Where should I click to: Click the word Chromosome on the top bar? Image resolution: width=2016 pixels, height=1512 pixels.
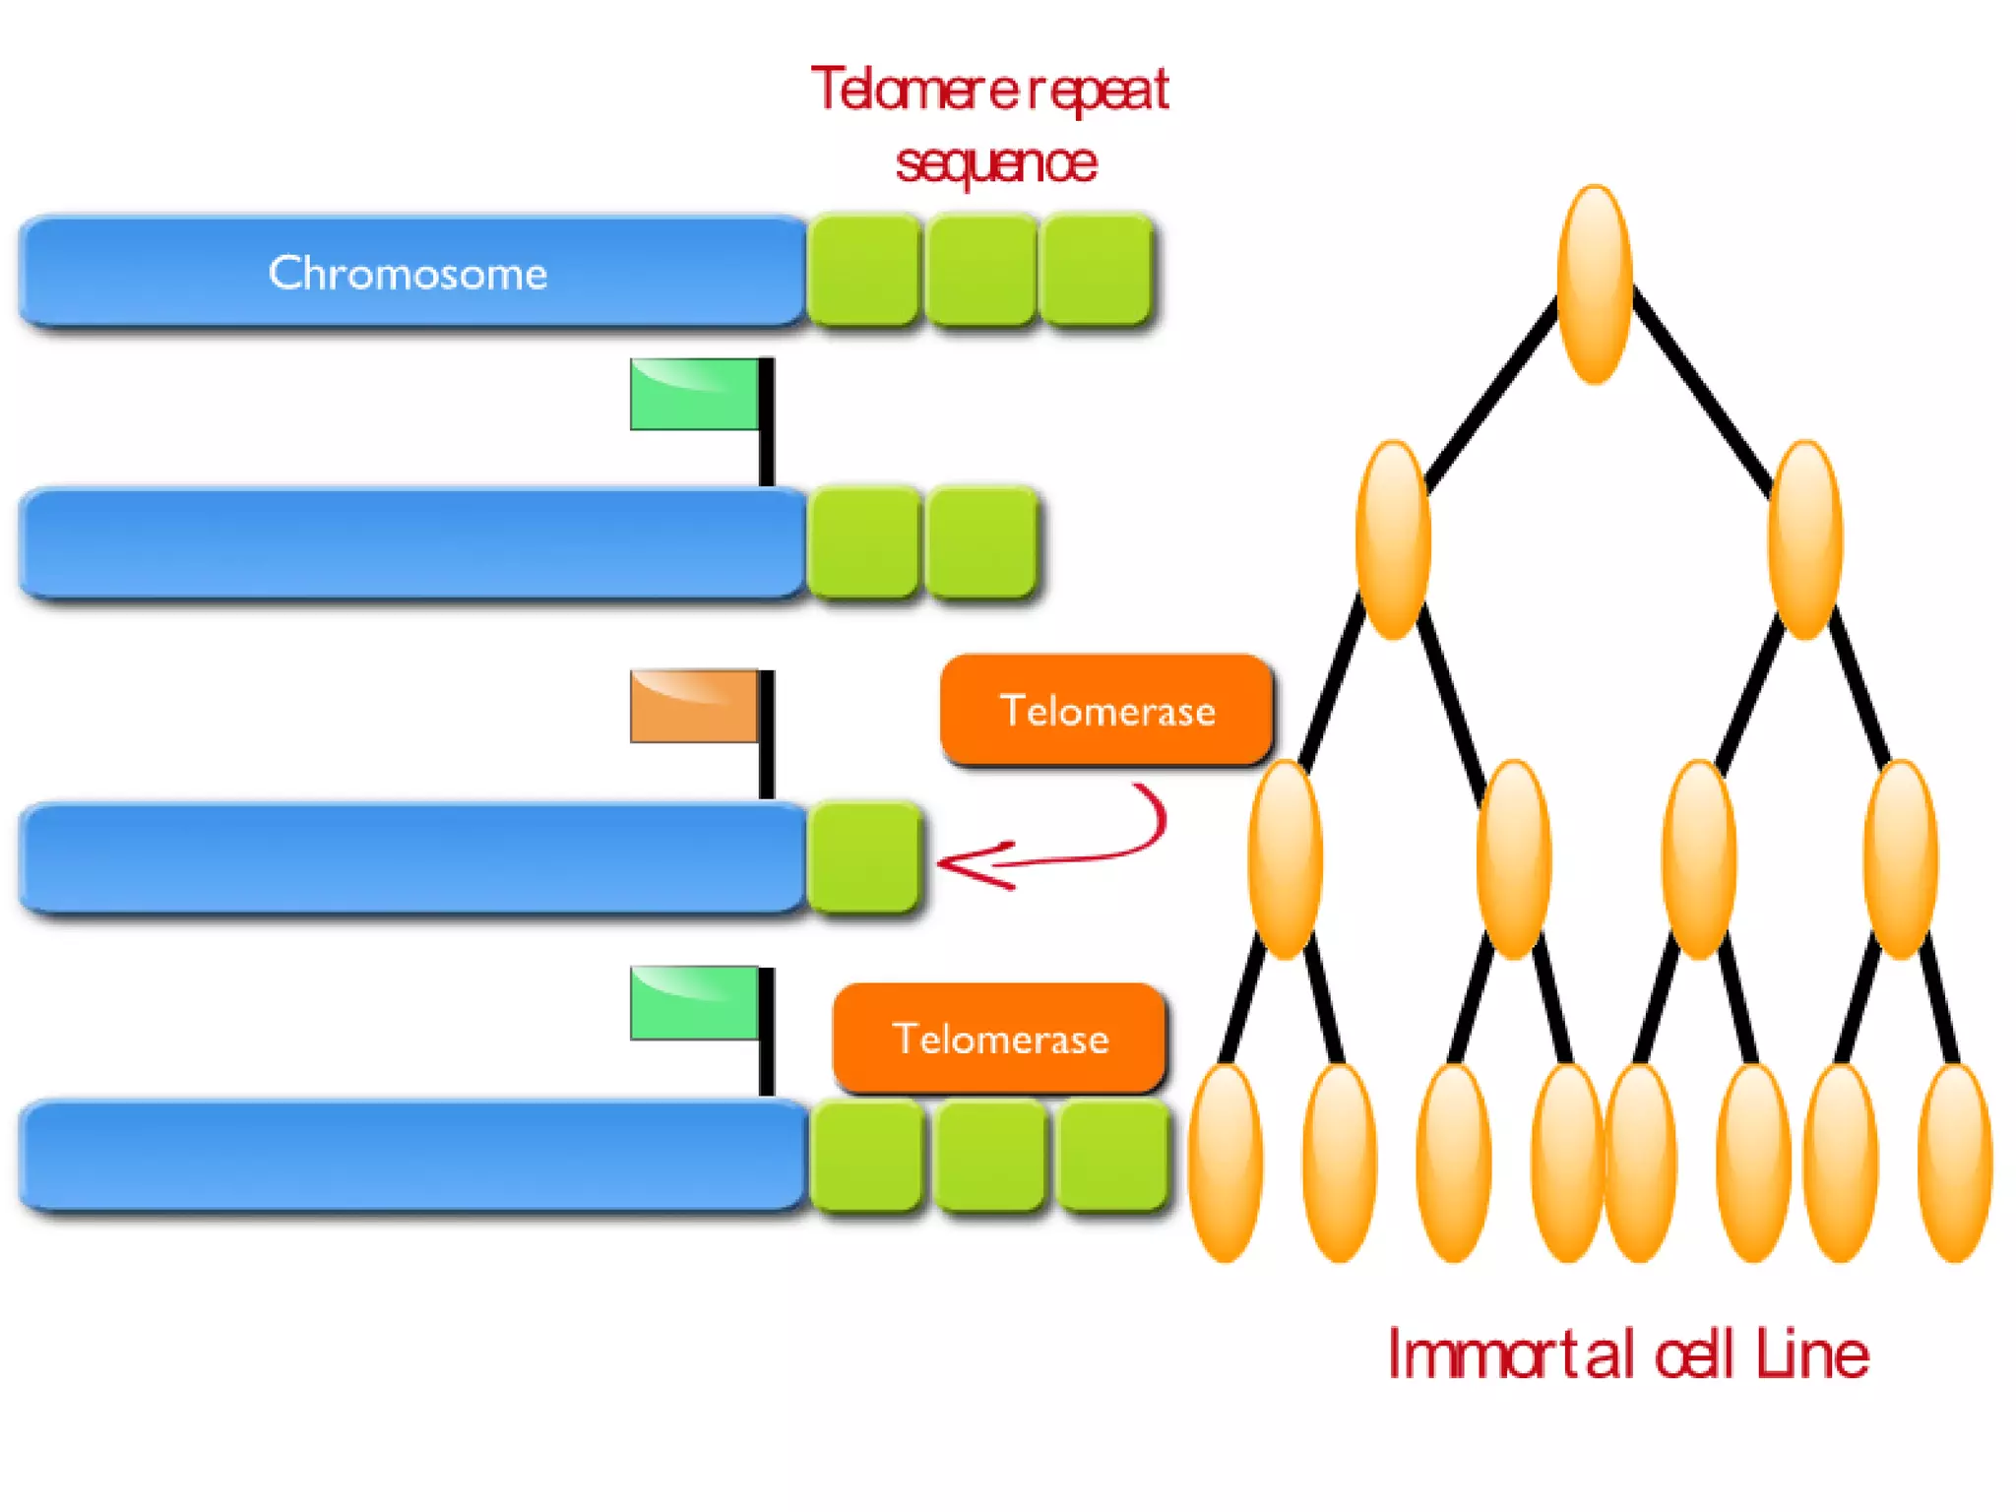(x=408, y=273)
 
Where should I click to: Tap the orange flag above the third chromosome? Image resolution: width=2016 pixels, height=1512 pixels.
(x=694, y=706)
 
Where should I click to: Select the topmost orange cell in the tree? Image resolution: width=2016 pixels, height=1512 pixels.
(x=1595, y=283)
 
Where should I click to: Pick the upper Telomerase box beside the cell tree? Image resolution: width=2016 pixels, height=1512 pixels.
(x=1106, y=710)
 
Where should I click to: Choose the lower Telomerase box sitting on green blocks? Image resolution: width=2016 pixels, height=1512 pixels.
(x=1000, y=1039)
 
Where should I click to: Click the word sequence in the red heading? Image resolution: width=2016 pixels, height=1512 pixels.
(x=995, y=163)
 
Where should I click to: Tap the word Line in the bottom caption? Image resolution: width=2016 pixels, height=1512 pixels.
(x=1812, y=1354)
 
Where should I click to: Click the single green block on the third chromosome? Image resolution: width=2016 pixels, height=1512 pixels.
(x=863, y=856)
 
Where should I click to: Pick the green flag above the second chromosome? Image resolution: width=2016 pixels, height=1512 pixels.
(x=694, y=394)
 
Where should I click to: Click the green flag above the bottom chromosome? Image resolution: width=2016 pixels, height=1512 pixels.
(x=694, y=1003)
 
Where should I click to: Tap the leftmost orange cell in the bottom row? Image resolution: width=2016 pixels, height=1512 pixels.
(x=1226, y=1162)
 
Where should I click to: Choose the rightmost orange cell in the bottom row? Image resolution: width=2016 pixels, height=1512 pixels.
(x=1955, y=1162)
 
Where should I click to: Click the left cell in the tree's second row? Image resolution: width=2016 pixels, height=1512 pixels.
(x=1392, y=538)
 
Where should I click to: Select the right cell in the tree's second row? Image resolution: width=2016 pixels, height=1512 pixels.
(x=1804, y=538)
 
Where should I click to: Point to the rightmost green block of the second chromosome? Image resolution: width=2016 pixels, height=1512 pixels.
(x=981, y=542)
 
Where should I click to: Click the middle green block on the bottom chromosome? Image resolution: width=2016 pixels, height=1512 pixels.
(x=989, y=1156)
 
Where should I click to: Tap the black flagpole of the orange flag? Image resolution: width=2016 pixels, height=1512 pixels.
(x=766, y=748)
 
